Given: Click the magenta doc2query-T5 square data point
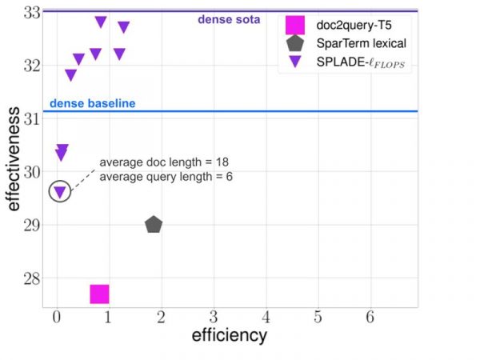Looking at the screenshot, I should (99, 294).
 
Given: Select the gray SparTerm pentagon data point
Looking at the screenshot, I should (154, 225).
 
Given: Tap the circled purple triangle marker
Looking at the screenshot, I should (59, 192).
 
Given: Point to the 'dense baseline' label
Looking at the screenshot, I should (92, 104).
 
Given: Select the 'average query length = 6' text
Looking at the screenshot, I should (166, 176).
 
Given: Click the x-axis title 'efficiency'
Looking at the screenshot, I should (229, 336).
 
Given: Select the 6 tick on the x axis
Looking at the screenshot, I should (370, 317).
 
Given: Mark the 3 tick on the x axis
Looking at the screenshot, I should (213, 317).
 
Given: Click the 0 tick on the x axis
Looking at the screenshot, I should (56, 317).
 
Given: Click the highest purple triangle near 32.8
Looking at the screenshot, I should (101, 22).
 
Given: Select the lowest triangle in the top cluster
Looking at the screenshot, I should (70, 75).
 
